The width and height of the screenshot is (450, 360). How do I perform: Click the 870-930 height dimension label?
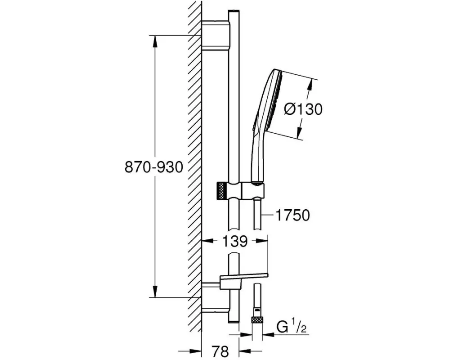click(x=154, y=167)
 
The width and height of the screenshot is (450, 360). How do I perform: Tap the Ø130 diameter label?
click(x=304, y=109)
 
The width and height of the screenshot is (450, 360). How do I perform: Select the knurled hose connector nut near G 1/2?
click(x=257, y=320)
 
